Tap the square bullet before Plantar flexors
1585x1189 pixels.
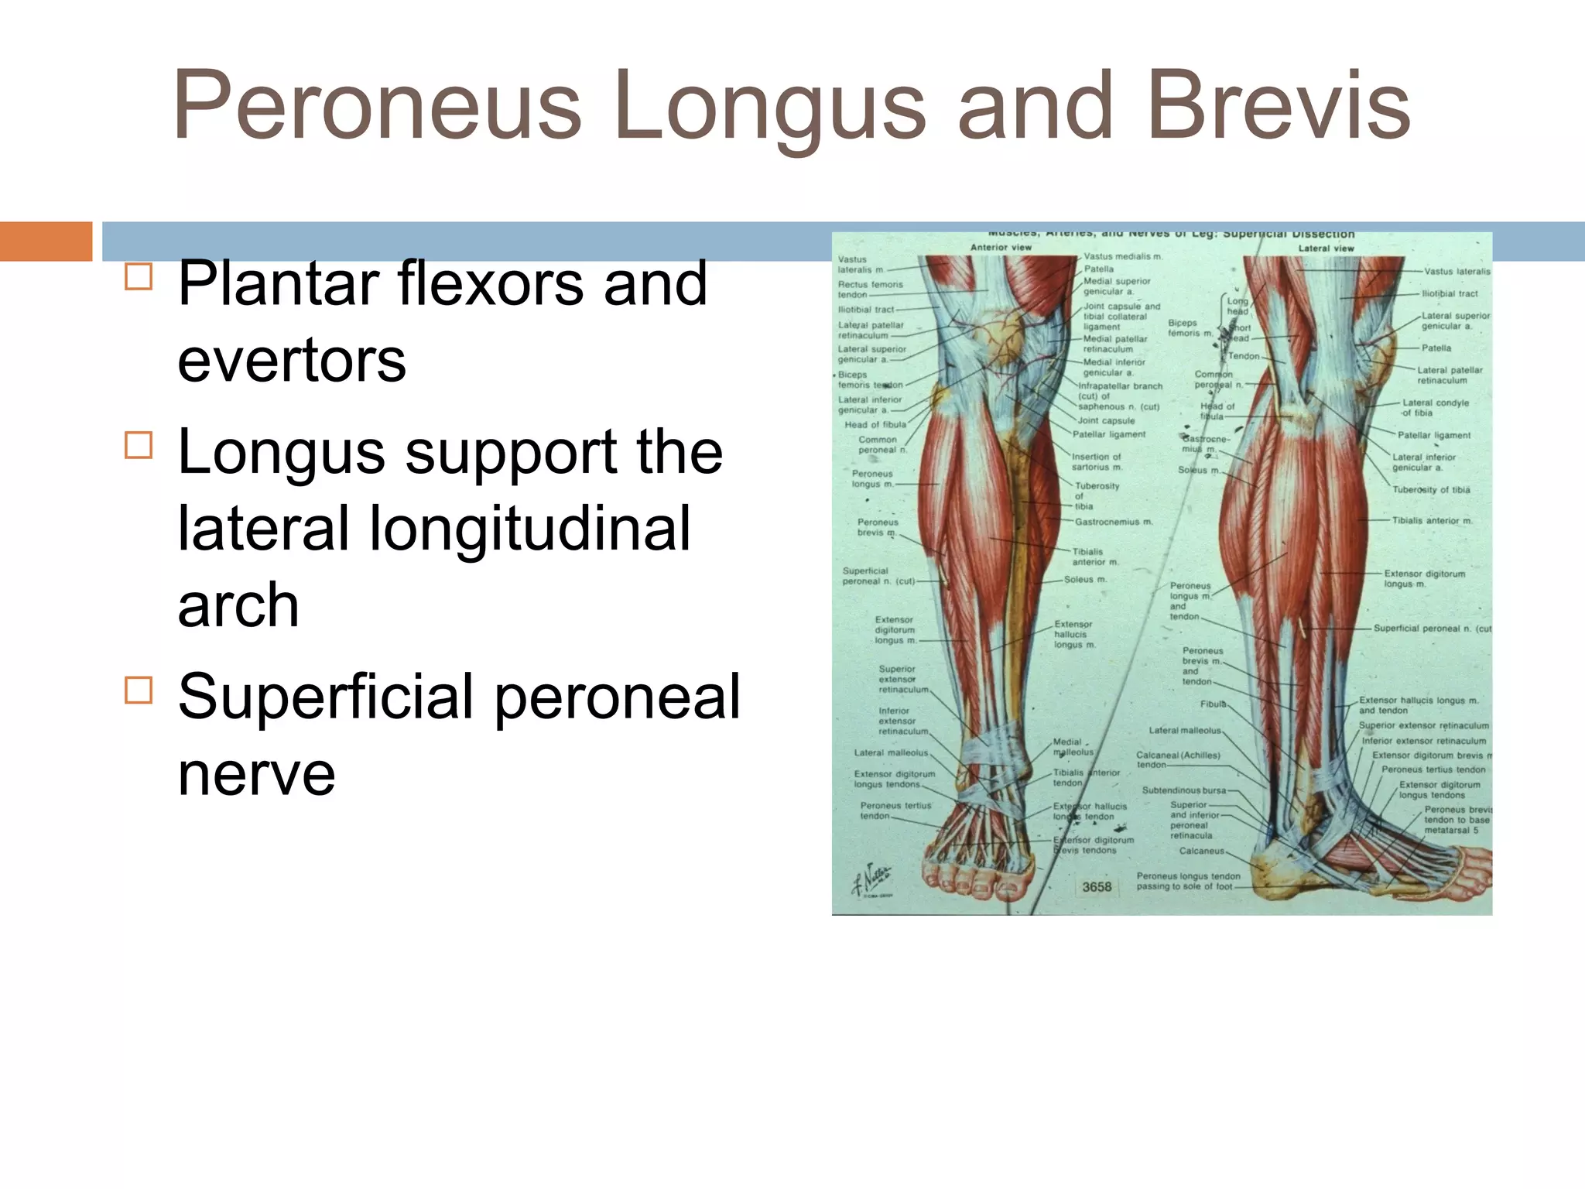[x=139, y=276]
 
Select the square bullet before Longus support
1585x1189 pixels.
[x=139, y=445]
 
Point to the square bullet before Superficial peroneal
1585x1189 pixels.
[x=139, y=690]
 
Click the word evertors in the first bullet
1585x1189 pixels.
[x=292, y=361]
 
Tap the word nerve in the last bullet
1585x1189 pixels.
[x=256, y=773]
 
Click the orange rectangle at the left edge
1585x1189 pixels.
[x=46, y=241]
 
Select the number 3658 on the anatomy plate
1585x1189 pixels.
[x=1097, y=887]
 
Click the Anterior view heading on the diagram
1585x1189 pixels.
[x=1001, y=248]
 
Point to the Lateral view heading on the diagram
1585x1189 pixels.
[x=1326, y=248]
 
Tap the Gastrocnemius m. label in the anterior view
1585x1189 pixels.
[x=1114, y=522]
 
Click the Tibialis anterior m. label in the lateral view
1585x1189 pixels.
[x=1432, y=521]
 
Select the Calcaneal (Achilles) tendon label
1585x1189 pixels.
[x=1177, y=759]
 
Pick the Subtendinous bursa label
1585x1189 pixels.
[x=1184, y=790]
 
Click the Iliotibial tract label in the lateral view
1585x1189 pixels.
[x=1450, y=294]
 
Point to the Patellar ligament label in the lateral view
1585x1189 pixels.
[x=1433, y=435]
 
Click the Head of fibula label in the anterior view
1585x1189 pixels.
[x=875, y=425]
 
